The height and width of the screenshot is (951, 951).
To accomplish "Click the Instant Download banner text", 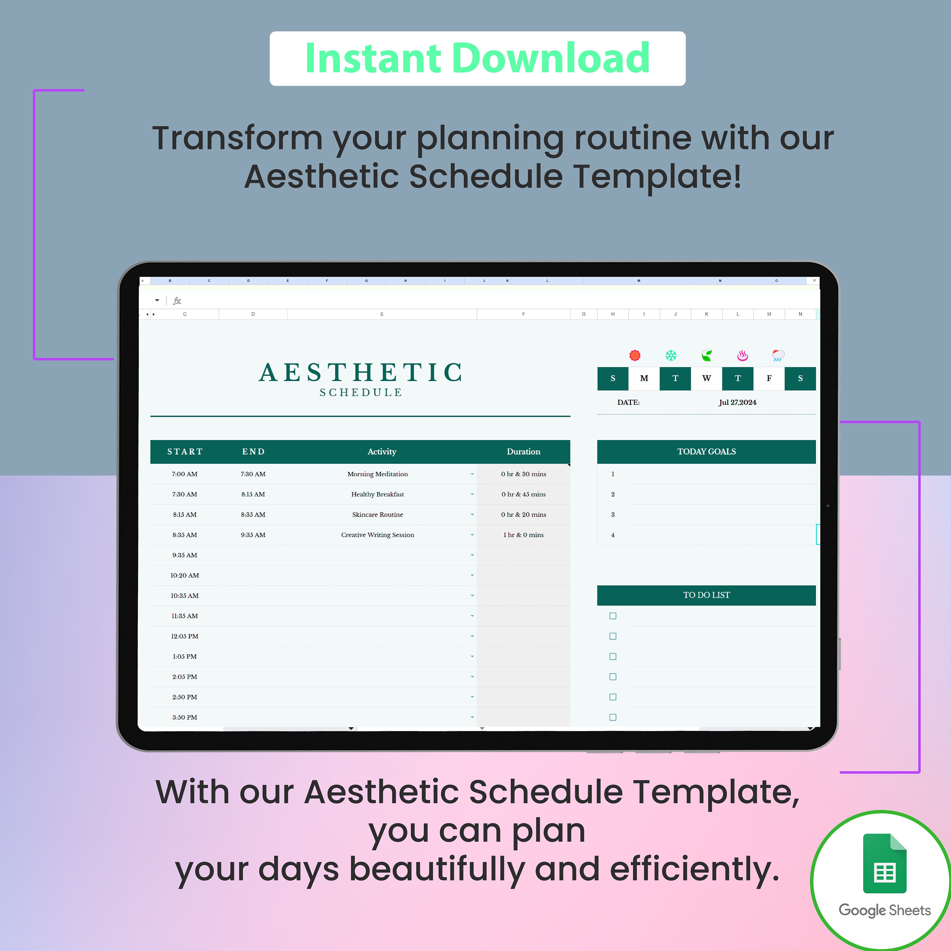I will [x=477, y=59].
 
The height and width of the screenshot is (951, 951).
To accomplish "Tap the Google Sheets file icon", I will [x=884, y=864].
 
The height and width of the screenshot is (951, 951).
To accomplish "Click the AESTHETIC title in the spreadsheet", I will [x=360, y=372].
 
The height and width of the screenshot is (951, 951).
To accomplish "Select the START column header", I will [x=184, y=451].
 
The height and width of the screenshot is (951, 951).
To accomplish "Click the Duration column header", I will [x=523, y=451].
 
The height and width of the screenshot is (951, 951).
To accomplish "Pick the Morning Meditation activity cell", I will [x=378, y=474].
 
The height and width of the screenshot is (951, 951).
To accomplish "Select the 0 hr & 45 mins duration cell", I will [x=523, y=494].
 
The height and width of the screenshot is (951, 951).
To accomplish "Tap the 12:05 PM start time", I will [x=184, y=636].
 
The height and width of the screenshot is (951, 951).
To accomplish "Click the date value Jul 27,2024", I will [x=737, y=402].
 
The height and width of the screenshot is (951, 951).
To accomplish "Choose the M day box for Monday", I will [x=644, y=378].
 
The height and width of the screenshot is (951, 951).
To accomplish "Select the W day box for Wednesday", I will [x=706, y=378].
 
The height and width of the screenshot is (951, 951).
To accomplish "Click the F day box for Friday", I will [x=769, y=378].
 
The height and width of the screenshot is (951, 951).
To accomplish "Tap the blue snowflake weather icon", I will [x=671, y=355].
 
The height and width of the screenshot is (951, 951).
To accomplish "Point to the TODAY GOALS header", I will [x=706, y=451].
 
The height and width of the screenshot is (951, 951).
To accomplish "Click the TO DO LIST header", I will [x=706, y=595].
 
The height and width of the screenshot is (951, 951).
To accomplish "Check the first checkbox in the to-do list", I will [x=613, y=616].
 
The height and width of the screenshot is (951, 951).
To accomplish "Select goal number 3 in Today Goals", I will [x=613, y=514].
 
